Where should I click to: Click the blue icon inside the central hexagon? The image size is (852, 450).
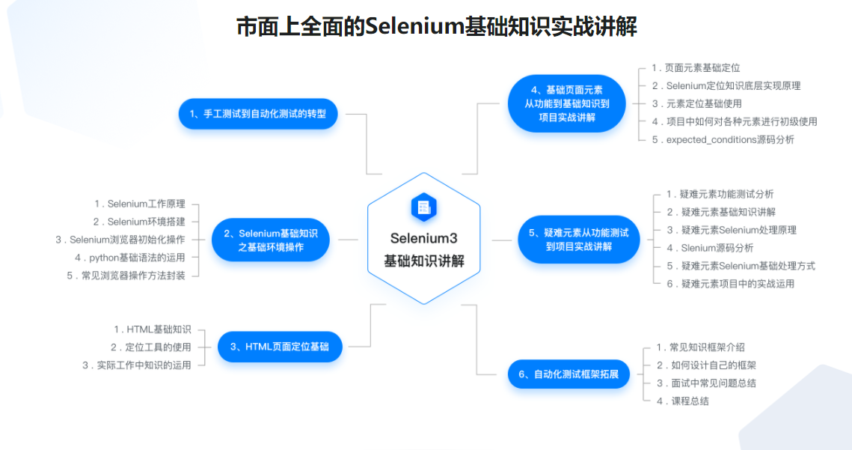[x=423, y=207]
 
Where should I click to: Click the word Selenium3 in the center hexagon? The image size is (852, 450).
[x=423, y=238]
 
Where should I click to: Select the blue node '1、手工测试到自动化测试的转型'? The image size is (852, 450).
[x=258, y=114]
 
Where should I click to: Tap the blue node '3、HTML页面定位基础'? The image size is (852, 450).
[x=280, y=347]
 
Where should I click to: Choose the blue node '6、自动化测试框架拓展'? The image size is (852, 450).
[x=568, y=374]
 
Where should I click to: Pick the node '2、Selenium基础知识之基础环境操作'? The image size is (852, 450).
[x=271, y=240]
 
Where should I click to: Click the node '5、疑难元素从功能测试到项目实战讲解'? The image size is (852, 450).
[x=578, y=240]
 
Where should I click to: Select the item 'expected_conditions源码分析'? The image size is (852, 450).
[x=730, y=139]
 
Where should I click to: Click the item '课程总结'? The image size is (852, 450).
[x=689, y=401]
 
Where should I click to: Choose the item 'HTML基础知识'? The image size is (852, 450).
[x=159, y=329]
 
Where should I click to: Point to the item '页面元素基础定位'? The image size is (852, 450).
[x=702, y=67]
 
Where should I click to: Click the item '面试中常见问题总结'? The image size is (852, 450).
[x=712, y=383]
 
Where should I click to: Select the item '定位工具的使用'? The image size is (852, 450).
[x=158, y=347]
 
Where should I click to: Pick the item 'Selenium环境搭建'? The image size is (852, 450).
[x=146, y=222]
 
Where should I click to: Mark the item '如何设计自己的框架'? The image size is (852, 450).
[x=712, y=365]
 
